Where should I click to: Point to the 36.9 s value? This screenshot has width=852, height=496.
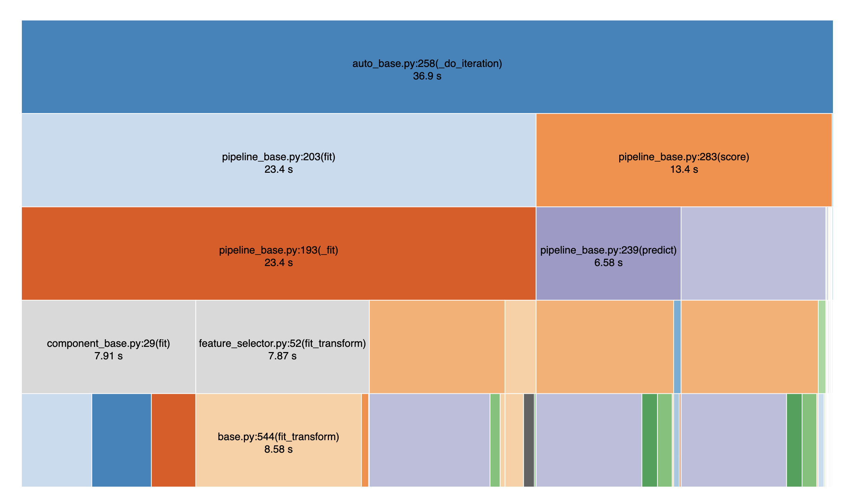tap(427, 76)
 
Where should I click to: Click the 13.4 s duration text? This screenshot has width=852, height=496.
tap(684, 169)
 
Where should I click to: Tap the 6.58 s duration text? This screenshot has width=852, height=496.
tap(608, 263)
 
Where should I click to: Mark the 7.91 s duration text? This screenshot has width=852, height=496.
tap(108, 356)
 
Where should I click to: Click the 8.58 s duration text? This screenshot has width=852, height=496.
tap(278, 449)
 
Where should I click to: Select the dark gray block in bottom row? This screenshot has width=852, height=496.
tap(529, 440)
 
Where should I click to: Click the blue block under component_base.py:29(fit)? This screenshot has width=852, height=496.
tap(121, 440)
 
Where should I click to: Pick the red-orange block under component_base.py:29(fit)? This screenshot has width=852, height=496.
tap(173, 440)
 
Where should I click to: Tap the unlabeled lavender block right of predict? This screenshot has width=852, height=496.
tap(753, 253)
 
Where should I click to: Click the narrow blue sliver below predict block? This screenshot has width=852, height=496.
tap(677, 347)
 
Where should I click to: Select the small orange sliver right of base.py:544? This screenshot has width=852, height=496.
tap(365, 440)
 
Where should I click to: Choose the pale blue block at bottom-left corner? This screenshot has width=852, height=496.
tap(57, 440)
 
